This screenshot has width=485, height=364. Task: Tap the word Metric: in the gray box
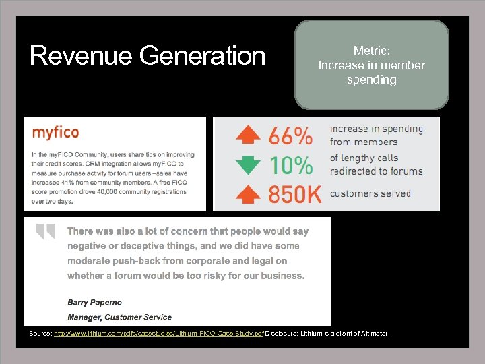coord(372,51)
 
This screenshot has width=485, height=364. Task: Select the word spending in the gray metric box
coord(372,80)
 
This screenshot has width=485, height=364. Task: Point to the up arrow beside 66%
coord(248,135)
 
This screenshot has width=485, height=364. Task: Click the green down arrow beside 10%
coord(248,164)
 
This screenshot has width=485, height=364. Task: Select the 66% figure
coord(291,136)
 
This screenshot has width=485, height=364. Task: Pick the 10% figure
coord(291,165)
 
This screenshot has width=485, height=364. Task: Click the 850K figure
coord(295,194)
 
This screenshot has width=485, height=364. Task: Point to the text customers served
coord(370,193)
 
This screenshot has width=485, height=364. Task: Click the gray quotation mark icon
coord(46,232)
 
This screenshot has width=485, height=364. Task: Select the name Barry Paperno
coord(95,302)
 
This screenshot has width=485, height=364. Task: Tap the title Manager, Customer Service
coord(119,317)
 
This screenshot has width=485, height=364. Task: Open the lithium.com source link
coord(159,334)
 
